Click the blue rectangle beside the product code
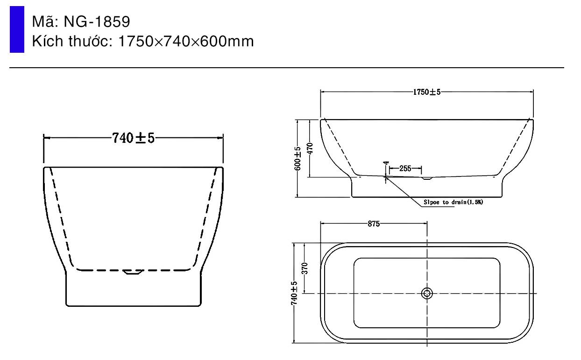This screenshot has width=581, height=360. coord(17,29)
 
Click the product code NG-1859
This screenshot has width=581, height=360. coord(97,21)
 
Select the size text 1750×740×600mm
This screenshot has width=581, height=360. coord(186,42)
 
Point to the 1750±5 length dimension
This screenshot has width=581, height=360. coord(426,92)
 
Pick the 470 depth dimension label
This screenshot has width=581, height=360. coord(310,148)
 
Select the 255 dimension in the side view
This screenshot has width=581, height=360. coord(405,169)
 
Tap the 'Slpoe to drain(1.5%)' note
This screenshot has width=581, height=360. coord(453,203)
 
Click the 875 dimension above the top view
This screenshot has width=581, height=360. coord(373,224)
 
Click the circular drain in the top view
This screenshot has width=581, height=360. coord(427,293)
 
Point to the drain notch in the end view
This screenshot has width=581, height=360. coord(134,272)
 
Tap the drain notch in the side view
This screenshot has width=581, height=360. coord(427,178)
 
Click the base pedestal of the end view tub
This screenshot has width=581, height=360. coord(134,292)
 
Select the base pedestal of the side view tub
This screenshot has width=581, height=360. coord(427,189)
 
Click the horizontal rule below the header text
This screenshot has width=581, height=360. coord(287,68)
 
